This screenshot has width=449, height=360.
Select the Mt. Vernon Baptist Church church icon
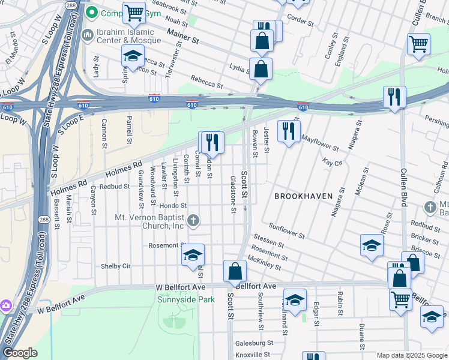click(193, 220)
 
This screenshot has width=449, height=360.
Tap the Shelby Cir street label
click(115, 266)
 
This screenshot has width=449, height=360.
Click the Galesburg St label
click(253, 343)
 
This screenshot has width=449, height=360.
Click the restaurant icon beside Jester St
click(288, 131)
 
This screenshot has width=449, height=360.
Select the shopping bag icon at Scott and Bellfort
click(235, 271)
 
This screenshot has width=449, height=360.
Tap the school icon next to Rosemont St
click(193, 254)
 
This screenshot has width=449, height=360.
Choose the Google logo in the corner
click(20, 353)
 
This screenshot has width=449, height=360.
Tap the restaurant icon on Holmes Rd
click(212, 142)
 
